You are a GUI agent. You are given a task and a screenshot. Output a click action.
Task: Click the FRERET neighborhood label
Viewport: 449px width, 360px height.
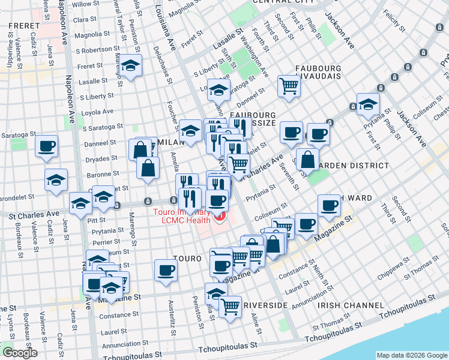point(24,27)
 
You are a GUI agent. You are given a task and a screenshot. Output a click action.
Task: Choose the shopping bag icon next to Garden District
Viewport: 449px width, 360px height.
point(307,160)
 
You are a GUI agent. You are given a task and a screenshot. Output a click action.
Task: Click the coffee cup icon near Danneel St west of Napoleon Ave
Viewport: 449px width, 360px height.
point(47,146)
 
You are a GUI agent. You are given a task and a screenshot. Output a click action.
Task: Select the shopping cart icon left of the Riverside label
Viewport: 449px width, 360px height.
point(230,307)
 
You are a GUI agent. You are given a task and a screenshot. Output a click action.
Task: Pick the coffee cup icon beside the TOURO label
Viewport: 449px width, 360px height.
point(166,269)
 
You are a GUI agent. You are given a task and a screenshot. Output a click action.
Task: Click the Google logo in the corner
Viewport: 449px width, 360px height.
point(19,353)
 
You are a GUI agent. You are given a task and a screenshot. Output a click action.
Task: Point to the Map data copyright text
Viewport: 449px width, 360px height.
point(412,355)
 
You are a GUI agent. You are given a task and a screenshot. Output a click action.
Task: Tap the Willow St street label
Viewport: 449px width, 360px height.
point(85,4)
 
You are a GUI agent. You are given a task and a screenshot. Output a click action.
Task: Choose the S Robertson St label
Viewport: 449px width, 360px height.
point(94,50)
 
